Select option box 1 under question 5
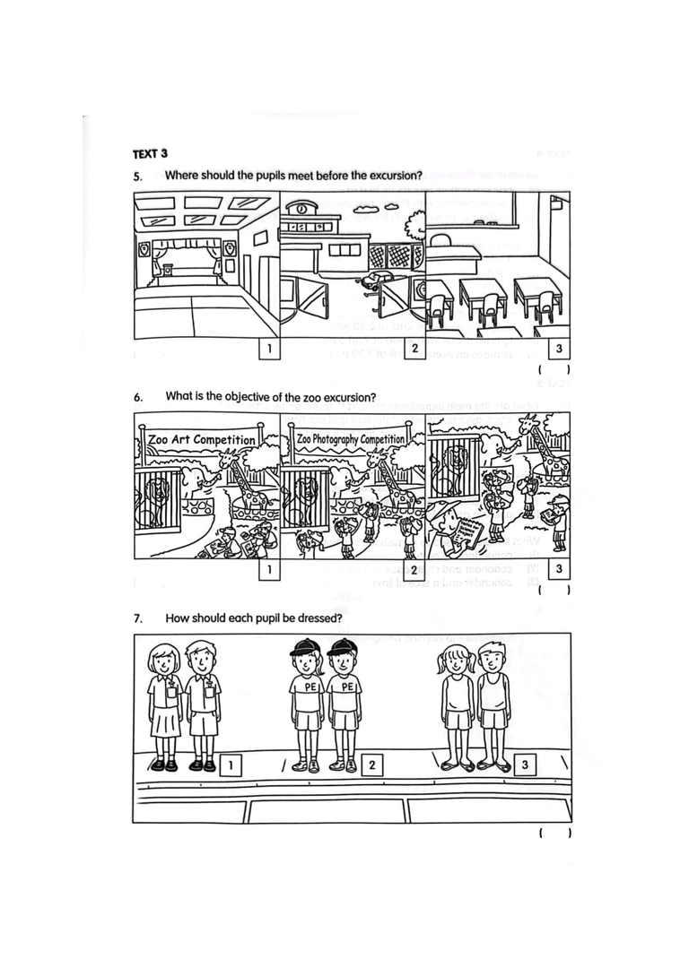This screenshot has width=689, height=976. pyautogui.click(x=267, y=348)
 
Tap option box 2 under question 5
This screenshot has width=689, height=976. pyautogui.click(x=414, y=348)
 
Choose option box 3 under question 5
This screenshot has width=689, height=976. pyautogui.click(x=559, y=348)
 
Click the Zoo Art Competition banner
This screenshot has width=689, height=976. pyautogui.click(x=202, y=440)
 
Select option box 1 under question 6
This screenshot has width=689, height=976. pyautogui.click(x=267, y=568)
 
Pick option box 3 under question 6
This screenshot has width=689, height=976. pyautogui.click(x=559, y=568)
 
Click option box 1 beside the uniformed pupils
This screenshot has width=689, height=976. pyautogui.click(x=231, y=764)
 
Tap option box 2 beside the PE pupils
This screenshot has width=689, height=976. pyautogui.click(x=371, y=764)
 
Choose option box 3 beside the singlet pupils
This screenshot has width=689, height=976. pyautogui.click(x=525, y=764)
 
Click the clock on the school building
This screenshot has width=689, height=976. pyautogui.click(x=301, y=209)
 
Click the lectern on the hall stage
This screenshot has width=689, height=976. pyautogui.click(x=166, y=271)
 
